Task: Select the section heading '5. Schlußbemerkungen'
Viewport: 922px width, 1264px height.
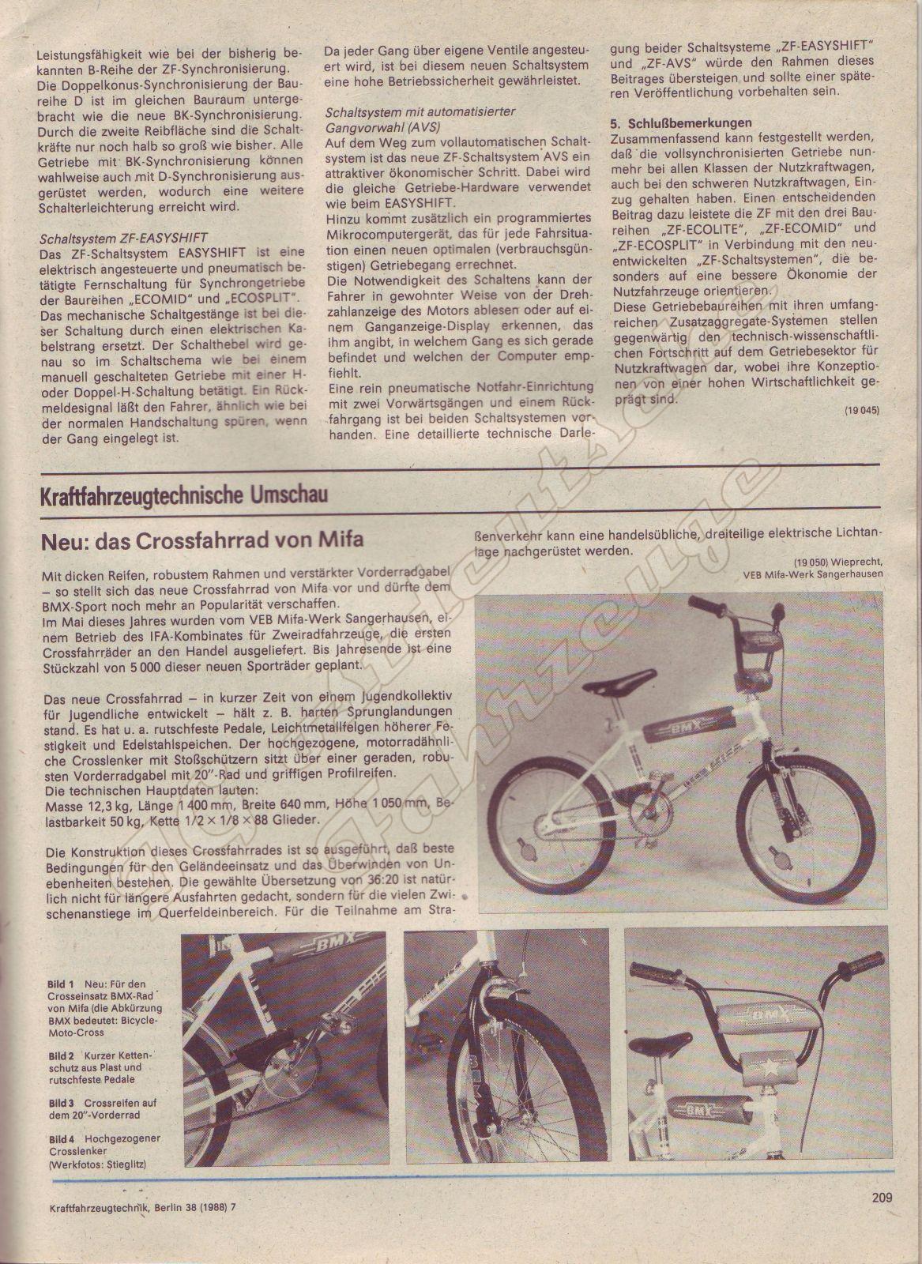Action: (681, 122)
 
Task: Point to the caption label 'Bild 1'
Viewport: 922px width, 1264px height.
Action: (61, 984)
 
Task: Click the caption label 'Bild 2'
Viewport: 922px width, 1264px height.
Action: (61, 1055)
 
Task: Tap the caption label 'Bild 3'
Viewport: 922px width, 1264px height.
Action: (61, 1102)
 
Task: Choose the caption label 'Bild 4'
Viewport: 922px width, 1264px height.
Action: (61, 1138)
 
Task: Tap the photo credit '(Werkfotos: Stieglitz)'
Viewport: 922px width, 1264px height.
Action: (97, 1164)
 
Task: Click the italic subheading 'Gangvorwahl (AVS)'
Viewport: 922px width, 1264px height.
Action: (382, 126)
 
